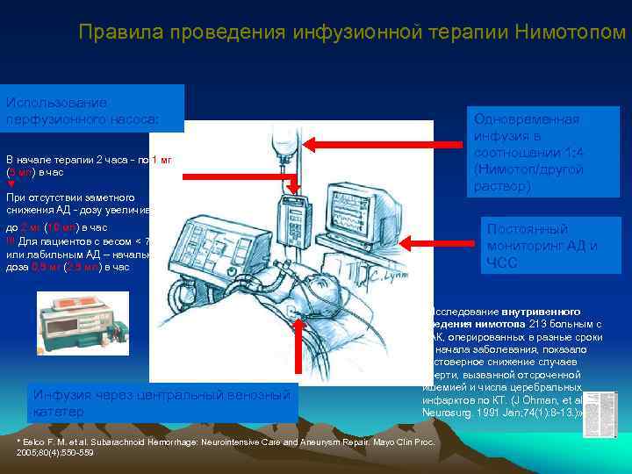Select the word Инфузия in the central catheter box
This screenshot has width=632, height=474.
click(x=62, y=395)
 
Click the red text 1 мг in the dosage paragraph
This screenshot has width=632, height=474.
click(x=162, y=159)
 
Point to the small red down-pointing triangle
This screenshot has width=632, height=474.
click(x=11, y=184)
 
